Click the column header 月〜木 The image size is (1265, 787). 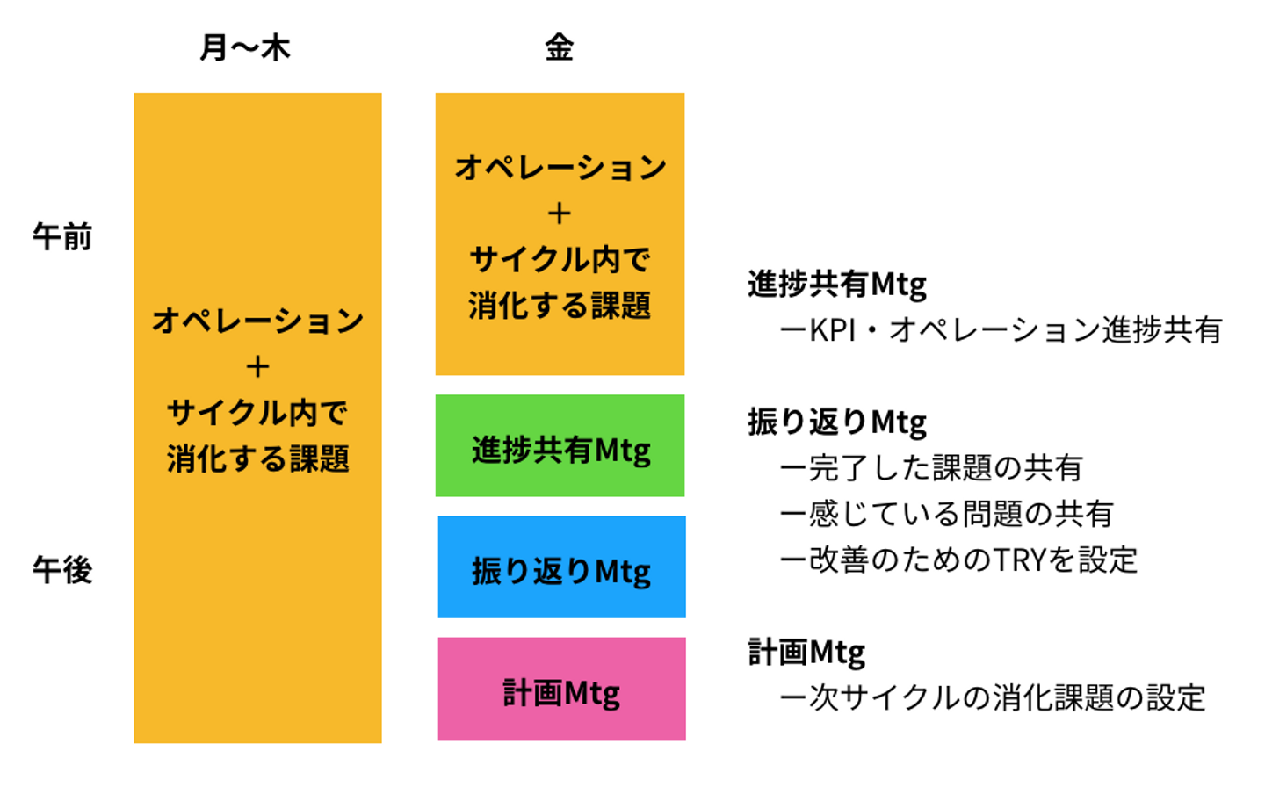(245, 47)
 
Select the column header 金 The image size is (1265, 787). (560, 47)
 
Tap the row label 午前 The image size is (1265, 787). (62, 237)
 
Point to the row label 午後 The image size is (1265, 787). (62, 570)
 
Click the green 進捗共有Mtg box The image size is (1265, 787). (560, 447)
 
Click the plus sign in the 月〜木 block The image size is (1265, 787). (257, 366)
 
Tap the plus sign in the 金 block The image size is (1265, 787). (560, 213)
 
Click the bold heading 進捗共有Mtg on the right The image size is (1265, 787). (837, 285)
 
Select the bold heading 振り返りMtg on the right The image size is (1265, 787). (837, 422)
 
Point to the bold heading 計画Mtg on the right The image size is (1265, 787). (806, 653)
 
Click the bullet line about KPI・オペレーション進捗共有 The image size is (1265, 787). (1001, 330)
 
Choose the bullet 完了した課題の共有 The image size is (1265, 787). (931, 468)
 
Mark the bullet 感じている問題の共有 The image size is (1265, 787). (947, 514)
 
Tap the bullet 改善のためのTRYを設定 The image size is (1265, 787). (959, 560)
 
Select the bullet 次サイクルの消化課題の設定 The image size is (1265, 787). (993, 698)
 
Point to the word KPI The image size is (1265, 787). (831, 330)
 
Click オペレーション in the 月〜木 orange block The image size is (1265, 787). (257, 321)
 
